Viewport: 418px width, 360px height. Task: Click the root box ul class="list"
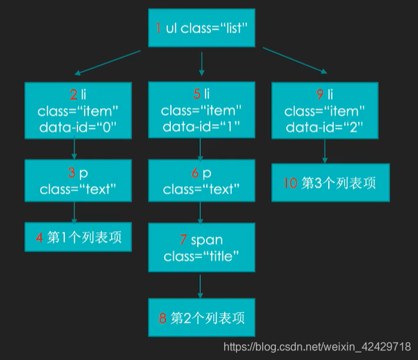[201, 29]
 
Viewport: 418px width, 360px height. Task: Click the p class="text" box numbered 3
[77, 181]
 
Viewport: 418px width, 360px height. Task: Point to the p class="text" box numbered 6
[201, 181]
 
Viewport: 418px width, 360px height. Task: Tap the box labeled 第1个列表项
[77, 237]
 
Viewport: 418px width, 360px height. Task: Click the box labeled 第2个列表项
[201, 318]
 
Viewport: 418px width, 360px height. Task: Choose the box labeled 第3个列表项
[324, 182]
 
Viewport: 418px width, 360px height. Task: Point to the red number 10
[291, 183]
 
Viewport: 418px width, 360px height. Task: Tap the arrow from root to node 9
[292, 61]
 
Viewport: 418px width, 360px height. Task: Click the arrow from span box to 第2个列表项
[201, 286]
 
